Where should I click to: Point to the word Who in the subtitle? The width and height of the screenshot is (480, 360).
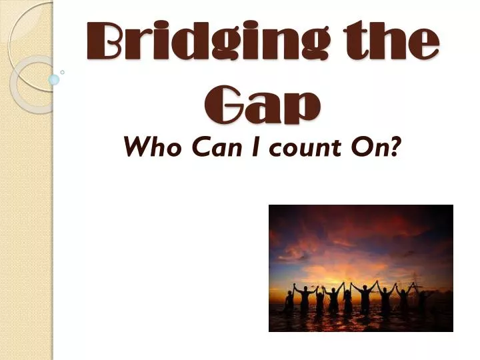(x=147, y=147)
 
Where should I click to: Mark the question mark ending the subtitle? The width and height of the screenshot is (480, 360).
(x=397, y=147)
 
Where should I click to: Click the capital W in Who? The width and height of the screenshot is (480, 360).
(x=135, y=147)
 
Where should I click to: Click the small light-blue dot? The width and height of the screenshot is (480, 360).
(x=55, y=79)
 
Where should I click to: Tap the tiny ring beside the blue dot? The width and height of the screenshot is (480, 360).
(x=62, y=71)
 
